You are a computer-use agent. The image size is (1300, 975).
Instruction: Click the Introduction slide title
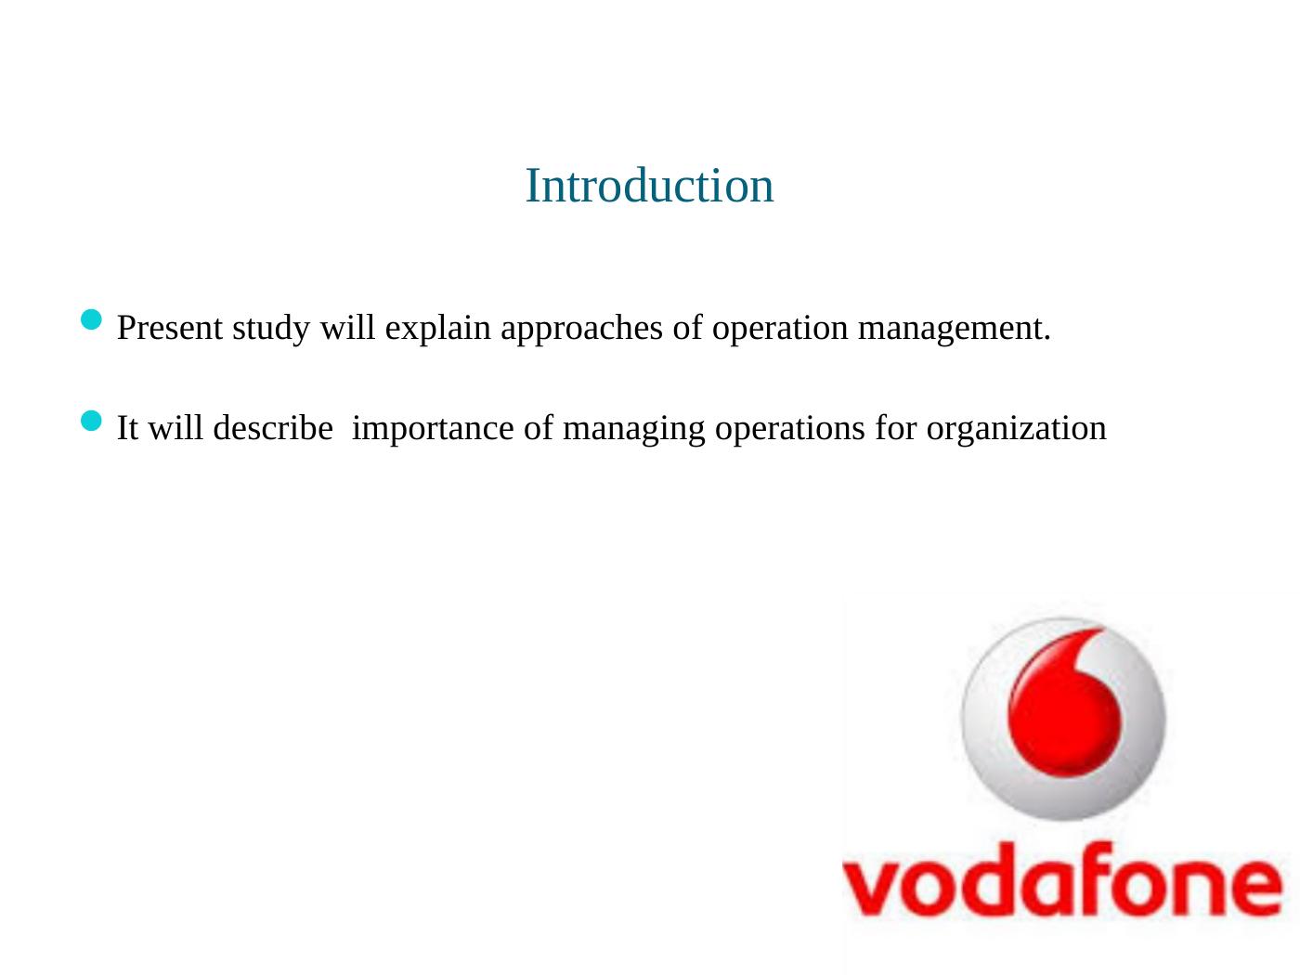[x=649, y=186]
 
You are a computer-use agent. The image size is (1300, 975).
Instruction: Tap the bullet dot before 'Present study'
[x=91, y=319]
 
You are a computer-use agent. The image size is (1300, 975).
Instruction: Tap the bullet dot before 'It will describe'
[x=91, y=421]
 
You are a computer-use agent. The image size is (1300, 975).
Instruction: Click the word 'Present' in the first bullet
[x=169, y=328]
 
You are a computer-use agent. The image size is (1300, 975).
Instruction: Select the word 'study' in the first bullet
[x=271, y=329]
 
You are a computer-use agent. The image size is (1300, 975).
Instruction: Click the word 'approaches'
[x=581, y=329]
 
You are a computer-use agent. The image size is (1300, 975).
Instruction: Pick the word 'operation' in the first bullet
[x=779, y=329]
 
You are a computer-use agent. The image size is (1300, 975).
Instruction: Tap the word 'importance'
[x=433, y=430]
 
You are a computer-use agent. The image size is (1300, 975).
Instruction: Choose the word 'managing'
[x=633, y=431]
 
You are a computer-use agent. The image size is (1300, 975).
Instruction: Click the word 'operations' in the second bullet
[x=789, y=430]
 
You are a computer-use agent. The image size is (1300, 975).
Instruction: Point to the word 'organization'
[x=1016, y=431]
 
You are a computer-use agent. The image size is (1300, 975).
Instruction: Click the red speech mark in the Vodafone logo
[x=1064, y=702]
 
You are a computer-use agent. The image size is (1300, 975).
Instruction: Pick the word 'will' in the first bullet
[x=347, y=327]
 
